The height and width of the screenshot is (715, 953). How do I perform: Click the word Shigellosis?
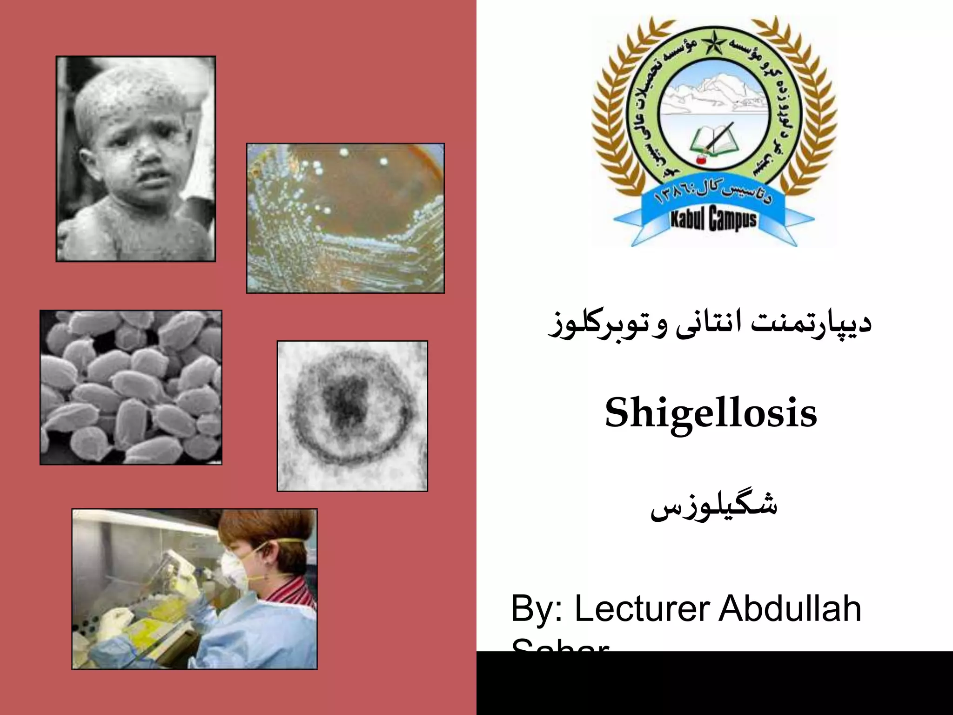pyautogui.click(x=711, y=413)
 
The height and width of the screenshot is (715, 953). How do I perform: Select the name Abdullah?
pyautogui.click(x=790, y=608)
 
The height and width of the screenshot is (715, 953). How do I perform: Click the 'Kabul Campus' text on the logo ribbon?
pyautogui.click(x=713, y=219)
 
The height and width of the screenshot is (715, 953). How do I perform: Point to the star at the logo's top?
pyautogui.click(x=712, y=44)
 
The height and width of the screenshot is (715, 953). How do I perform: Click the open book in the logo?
pyautogui.click(x=714, y=139)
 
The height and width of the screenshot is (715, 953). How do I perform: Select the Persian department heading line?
pyautogui.click(x=710, y=324)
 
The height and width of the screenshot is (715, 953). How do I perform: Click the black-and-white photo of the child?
pyautogui.click(x=135, y=159)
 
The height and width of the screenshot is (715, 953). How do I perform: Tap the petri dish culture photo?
pyautogui.click(x=345, y=218)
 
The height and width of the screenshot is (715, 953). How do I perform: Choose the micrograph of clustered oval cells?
pyautogui.click(x=131, y=387)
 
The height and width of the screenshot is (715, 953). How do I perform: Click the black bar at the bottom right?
pyautogui.click(x=714, y=683)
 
